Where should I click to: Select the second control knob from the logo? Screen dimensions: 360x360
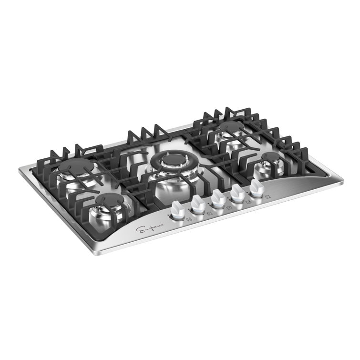tap(197, 204)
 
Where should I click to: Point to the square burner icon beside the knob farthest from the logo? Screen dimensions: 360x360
tap(268, 196)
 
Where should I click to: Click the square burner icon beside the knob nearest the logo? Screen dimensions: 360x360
tap(189, 220)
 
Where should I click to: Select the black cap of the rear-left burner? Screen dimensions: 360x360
tap(77, 167)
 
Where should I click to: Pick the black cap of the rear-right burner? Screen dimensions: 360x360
tap(232, 127)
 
